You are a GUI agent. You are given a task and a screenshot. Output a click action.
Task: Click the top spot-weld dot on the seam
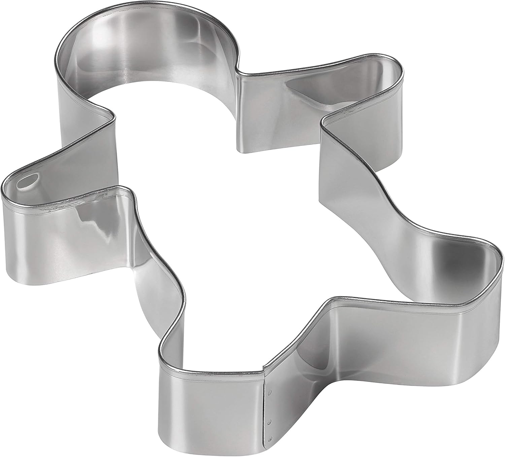pyautogui.click(x=269, y=392)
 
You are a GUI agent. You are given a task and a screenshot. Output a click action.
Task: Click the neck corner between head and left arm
pyautogui.click(x=113, y=116)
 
